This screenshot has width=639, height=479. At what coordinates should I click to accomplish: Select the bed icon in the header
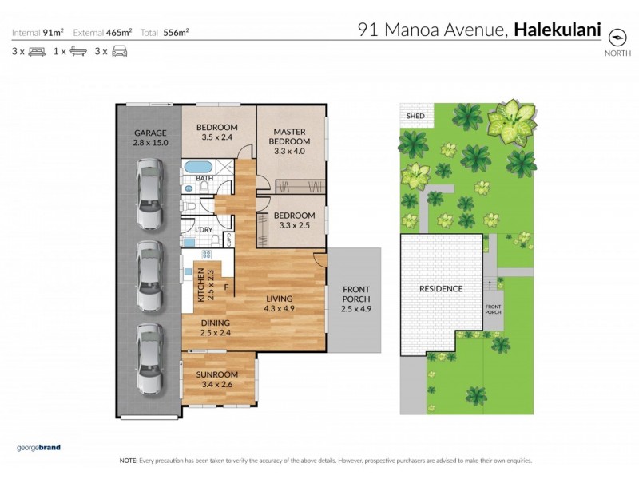(x=37, y=51)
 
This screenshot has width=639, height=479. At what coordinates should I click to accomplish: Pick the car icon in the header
(x=119, y=51)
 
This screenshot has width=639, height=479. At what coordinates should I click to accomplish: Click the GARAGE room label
(x=150, y=137)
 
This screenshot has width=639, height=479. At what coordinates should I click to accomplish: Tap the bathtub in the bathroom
(x=193, y=168)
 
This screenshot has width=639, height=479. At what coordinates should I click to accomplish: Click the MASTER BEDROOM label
(x=291, y=137)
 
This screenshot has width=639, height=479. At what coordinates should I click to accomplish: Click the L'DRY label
(x=204, y=230)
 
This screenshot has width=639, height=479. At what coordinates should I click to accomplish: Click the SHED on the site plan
(x=415, y=117)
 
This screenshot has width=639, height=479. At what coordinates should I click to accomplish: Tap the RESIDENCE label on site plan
(x=441, y=288)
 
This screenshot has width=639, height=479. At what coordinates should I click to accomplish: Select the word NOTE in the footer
(x=129, y=461)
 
